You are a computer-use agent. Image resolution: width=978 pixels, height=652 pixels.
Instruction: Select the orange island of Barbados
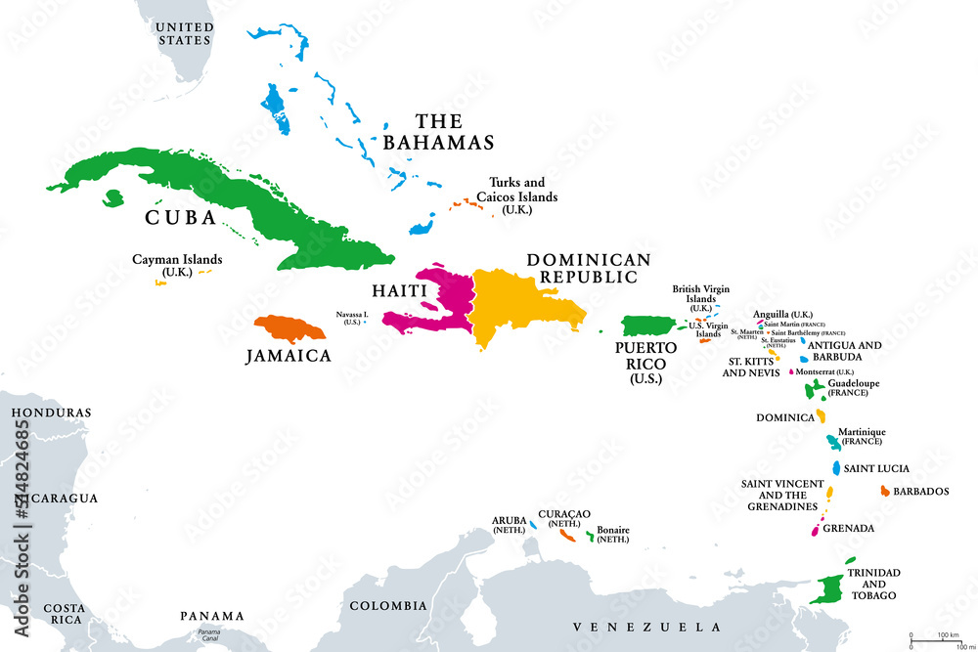point(885,491)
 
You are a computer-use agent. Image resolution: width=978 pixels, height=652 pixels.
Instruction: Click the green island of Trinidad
point(832,587)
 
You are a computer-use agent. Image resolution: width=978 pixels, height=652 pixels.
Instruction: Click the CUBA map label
point(181,217)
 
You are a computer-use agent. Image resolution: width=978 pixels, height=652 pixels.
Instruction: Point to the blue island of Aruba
point(533,525)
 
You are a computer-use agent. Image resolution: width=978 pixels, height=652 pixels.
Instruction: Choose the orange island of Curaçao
point(566,535)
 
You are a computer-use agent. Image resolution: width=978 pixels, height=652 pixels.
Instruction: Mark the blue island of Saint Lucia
point(837,468)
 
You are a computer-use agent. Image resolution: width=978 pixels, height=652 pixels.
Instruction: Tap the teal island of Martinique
point(831,442)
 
